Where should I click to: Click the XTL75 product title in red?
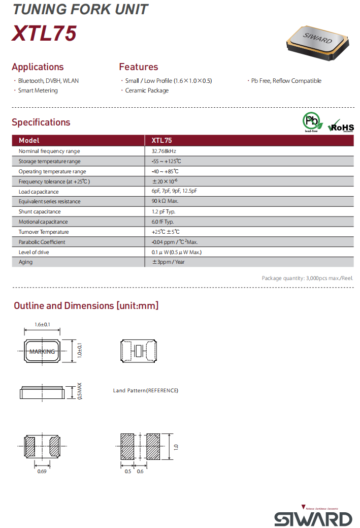click(44, 34)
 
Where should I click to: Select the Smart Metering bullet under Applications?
click(38, 90)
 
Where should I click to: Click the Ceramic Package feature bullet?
click(147, 90)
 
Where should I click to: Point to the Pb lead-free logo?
click(312, 122)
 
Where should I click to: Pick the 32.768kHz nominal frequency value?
click(163, 151)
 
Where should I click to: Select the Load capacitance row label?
click(39, 192)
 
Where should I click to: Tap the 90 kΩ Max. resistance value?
click(165, 201)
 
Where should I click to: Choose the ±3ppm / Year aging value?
click(168, 262)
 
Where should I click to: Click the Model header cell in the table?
click(29, 140)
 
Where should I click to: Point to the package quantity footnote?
click(307, 278)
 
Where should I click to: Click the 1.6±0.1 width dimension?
click(42, 325)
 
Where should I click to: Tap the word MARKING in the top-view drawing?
click(42, 352)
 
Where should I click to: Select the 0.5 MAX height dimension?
click(79, 391)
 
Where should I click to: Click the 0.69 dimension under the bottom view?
click(42, 472)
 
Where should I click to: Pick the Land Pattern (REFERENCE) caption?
click(146, 391)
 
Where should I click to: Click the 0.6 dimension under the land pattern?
click(140, 472)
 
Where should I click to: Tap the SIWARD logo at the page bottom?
click(313, 518)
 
